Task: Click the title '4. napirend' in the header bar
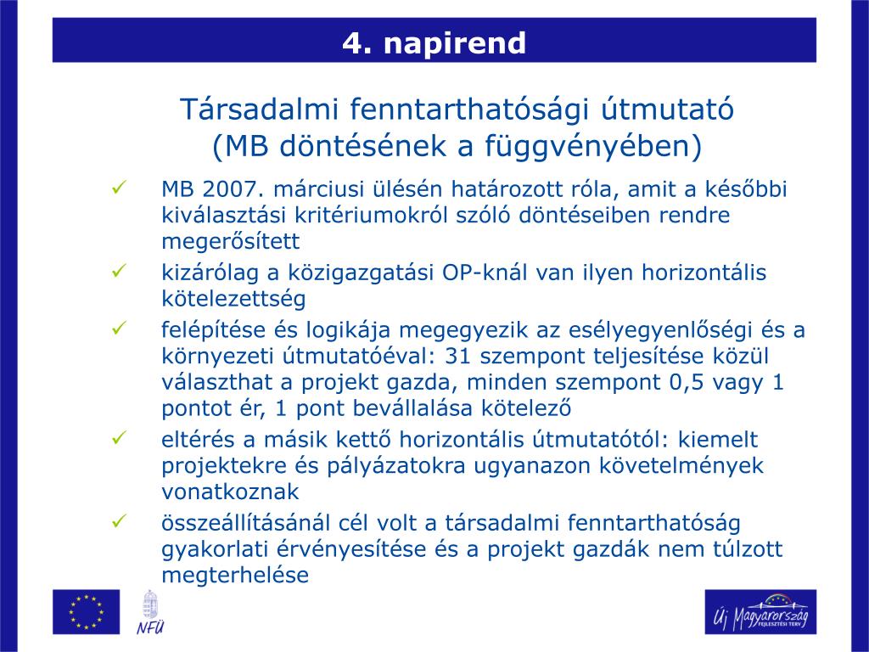click(x=434, y=42)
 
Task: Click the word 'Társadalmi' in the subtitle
click(x=260, y=109)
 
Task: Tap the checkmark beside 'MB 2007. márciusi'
click(x=119, y=187)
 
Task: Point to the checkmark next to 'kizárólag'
click(x=119, y=271)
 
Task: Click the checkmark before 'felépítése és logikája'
click(x=119, y=328)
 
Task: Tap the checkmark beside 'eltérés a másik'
click(x=119, y=438)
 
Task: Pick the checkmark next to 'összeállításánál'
click(x=119, y=521)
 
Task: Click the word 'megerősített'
click(x=231, y=242)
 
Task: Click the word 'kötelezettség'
click(x=233, y=299)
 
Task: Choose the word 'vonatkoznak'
click(x=230, y=492)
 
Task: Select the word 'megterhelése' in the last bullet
click(x=235, y=575)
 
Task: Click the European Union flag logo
click(x=86, y=612)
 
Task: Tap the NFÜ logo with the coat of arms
click(x=150, y=613)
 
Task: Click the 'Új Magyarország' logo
click(x=760, y=612)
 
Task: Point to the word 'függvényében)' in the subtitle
click(x=593, y=146)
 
